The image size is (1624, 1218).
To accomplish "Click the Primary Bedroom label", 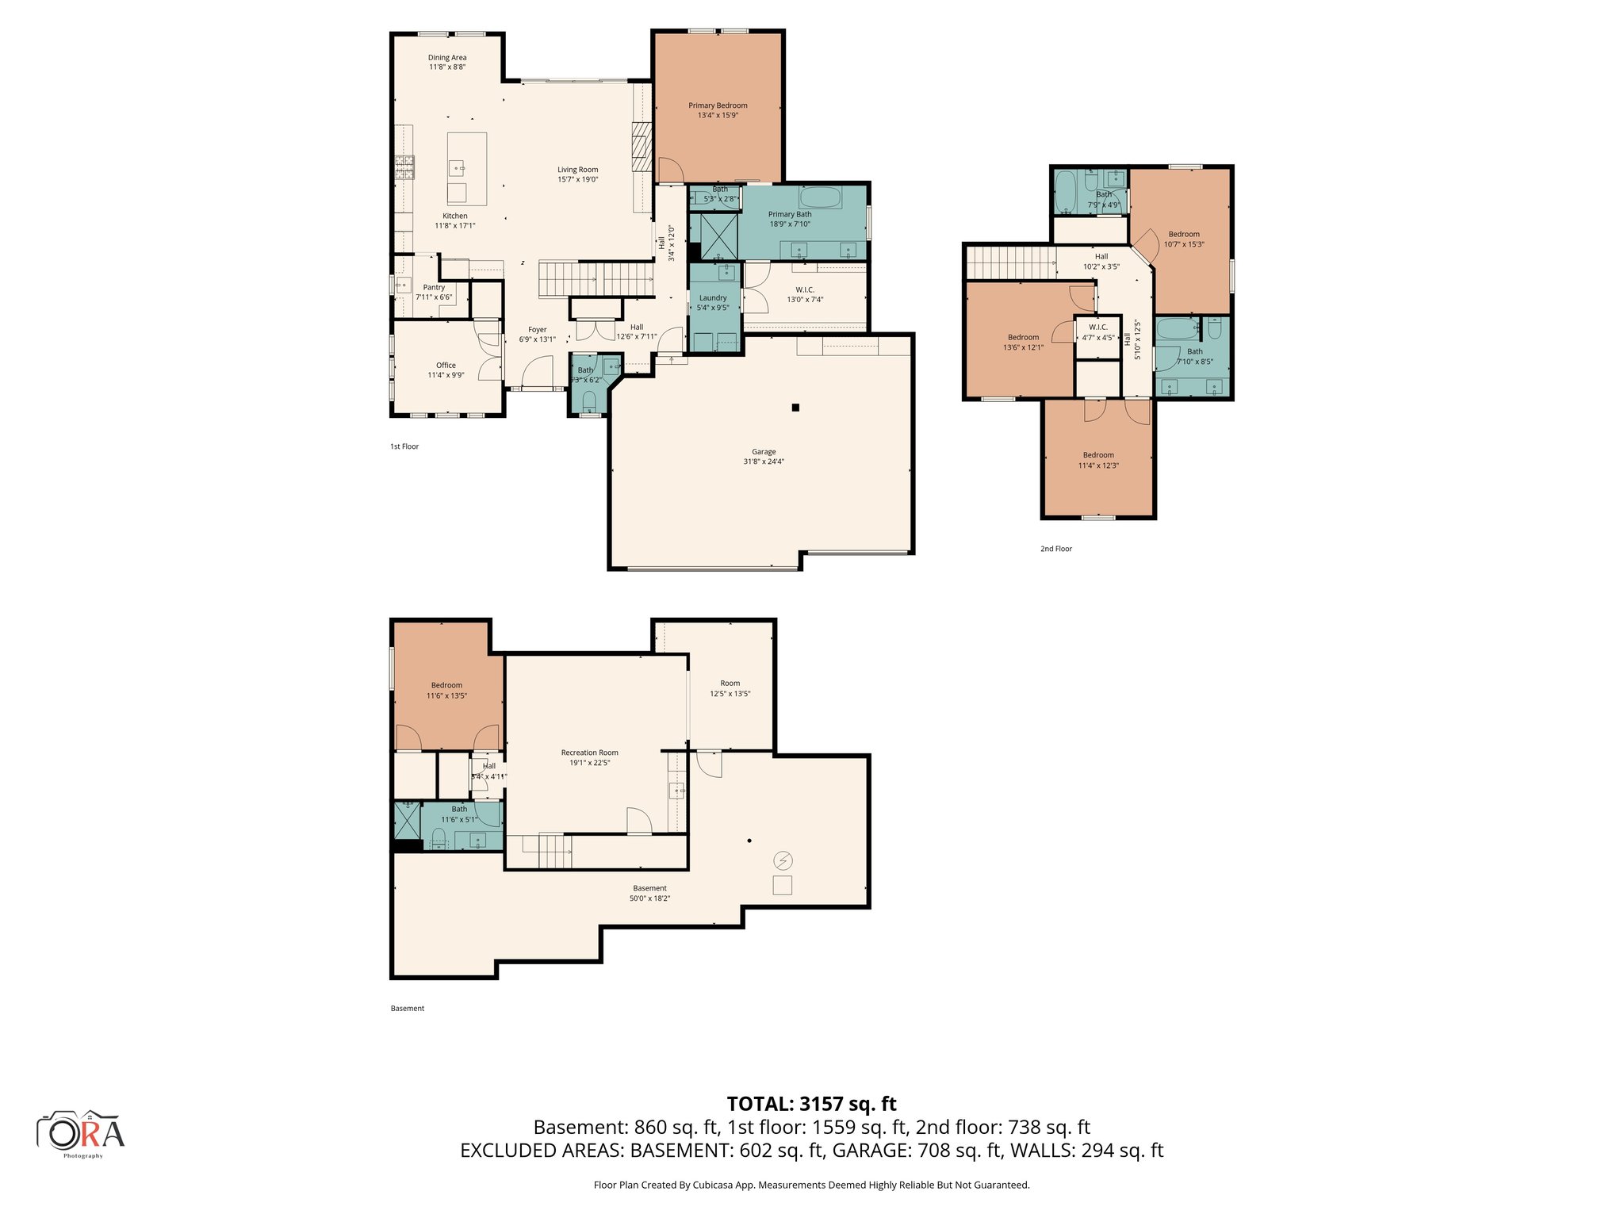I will [x=718, y=105].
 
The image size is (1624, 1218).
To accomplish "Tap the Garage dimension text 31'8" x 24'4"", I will [x=764, y=462].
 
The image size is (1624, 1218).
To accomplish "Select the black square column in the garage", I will [x=795, y=408].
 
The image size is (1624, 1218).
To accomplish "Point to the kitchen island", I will [x=466, y=168].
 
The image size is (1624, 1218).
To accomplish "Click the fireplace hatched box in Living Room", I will [x=642, y=147].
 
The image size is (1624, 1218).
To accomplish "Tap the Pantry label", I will [x=434, y=288].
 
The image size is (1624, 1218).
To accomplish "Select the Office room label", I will [x=446, y=366].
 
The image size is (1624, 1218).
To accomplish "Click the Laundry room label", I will [x=713, y=298].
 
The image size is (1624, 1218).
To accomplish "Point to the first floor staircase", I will [x=595, y=279].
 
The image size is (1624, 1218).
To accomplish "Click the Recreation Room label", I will [x=589, y=753].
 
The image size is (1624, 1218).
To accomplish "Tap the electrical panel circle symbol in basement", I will [x=783, y=860].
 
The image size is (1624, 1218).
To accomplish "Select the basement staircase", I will [x=555, y=851].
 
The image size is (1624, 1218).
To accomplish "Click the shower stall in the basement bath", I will [x=408, y=820].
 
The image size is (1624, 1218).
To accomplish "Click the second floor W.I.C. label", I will [x=1098, y=327].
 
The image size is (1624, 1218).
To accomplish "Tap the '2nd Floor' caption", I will [x=1055, y=549].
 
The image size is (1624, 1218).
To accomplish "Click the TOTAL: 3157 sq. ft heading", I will [x=811, y=1104].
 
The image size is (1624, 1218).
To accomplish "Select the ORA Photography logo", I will [x=81, y=1133].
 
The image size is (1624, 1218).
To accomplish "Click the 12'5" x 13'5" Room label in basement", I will [x=730, y=683].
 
